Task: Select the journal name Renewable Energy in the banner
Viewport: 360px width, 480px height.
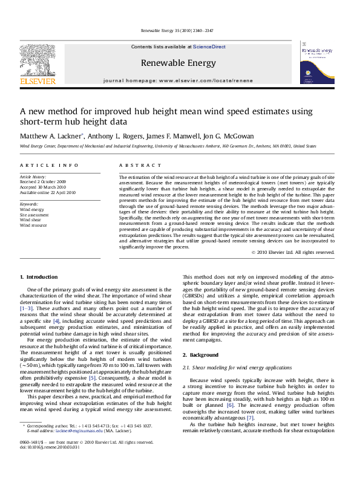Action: [x=178, y=62]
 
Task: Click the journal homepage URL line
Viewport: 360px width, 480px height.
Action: [x=178, y=80]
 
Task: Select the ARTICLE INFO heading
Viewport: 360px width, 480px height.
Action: [x=49, y=165]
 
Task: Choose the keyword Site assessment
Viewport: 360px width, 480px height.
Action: [x=34, y=215]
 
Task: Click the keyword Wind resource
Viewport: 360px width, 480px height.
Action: [x=33, y=225]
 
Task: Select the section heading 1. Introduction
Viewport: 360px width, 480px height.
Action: [x=39, y=277]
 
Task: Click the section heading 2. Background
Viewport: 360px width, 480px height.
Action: [x=201, y=355]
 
